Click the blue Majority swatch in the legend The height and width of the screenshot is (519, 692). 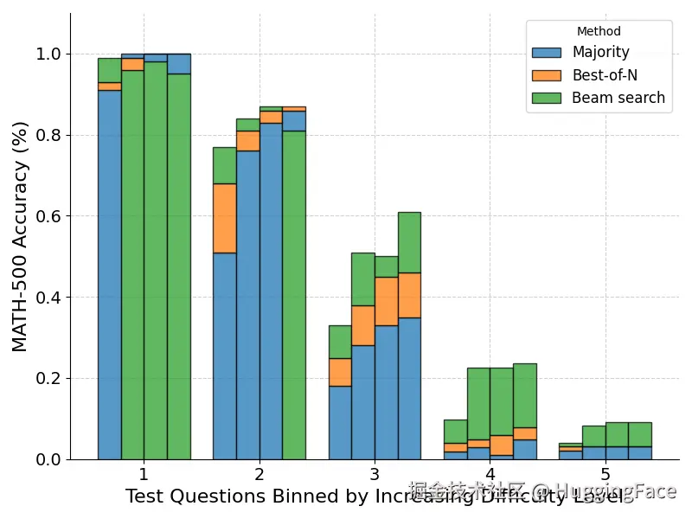[x=547, y=53]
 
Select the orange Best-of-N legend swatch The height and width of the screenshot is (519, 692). [x=547, y=75]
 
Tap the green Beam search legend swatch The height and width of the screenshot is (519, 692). [x=547, y=98]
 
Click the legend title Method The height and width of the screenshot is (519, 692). [x=599, y=32]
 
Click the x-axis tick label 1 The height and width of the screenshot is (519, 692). [x=144, y=474]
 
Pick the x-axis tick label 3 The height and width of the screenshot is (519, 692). [x=375, y=474]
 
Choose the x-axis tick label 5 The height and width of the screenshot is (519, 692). [x=605, y=474]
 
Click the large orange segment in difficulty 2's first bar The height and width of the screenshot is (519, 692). [x=225, y=218]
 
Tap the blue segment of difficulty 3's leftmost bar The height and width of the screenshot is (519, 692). [x=340, y=423]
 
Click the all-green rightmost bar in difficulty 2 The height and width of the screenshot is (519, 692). [x=294, y=294]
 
